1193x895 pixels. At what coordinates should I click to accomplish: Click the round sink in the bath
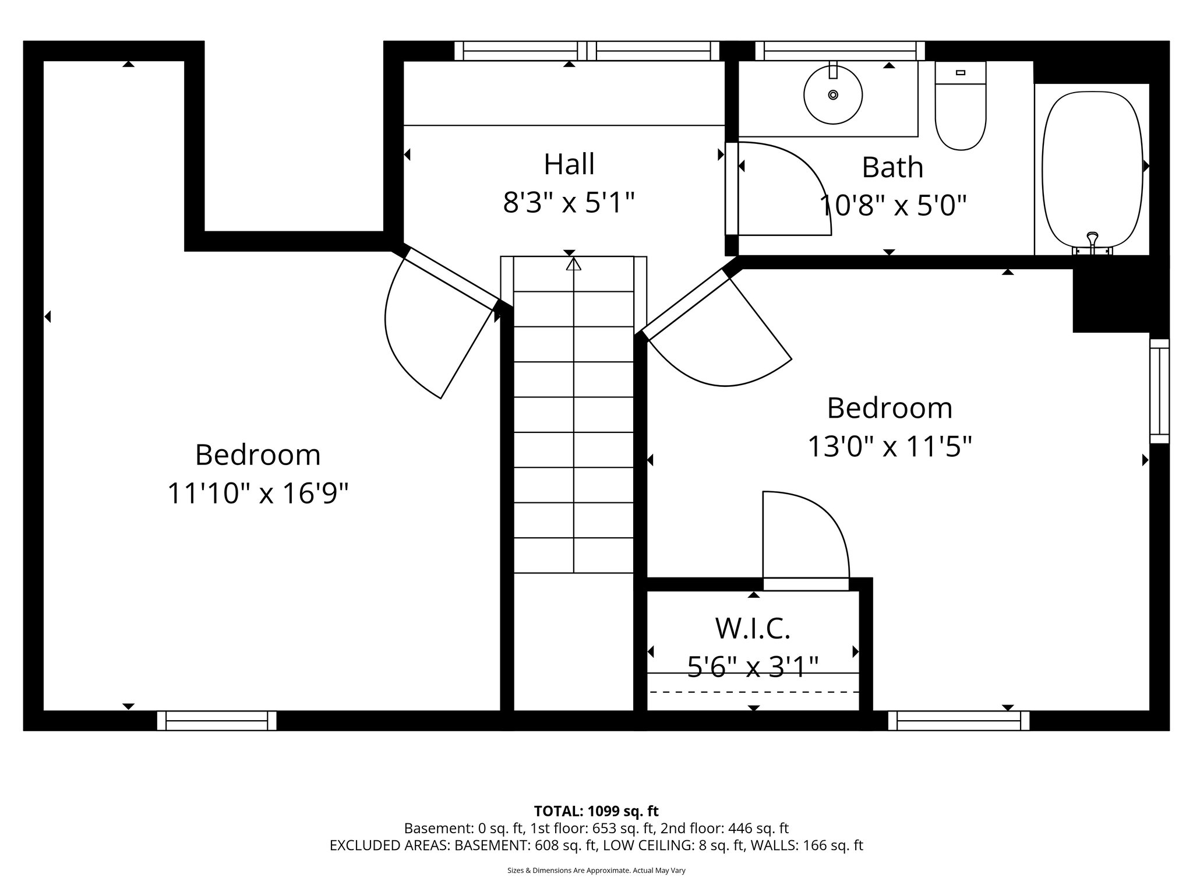tap(833, 94)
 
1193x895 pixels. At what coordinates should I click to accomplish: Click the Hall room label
tap(569, 164)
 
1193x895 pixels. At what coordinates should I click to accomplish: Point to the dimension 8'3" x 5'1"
tap(569, 204)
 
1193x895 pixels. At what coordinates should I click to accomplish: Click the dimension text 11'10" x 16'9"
tap(257, 494)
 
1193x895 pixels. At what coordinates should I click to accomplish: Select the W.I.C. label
tap(753, 628)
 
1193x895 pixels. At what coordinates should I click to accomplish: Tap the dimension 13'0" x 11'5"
tap(890, 447)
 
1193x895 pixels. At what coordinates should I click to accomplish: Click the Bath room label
tap(892, 168)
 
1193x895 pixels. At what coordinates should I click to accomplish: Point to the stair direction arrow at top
tap(574, 265)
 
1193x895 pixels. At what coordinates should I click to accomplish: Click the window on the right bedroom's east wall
tap(1159, 391)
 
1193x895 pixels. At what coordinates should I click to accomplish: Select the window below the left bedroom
tap(217, 720)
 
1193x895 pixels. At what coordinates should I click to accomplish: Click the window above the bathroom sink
tap(839, 51)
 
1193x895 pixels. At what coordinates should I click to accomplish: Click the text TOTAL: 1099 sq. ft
tap(596, 811)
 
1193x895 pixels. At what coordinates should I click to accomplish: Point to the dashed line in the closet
tap(754, 692)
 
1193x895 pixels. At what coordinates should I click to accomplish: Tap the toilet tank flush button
tap(961, 73)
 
